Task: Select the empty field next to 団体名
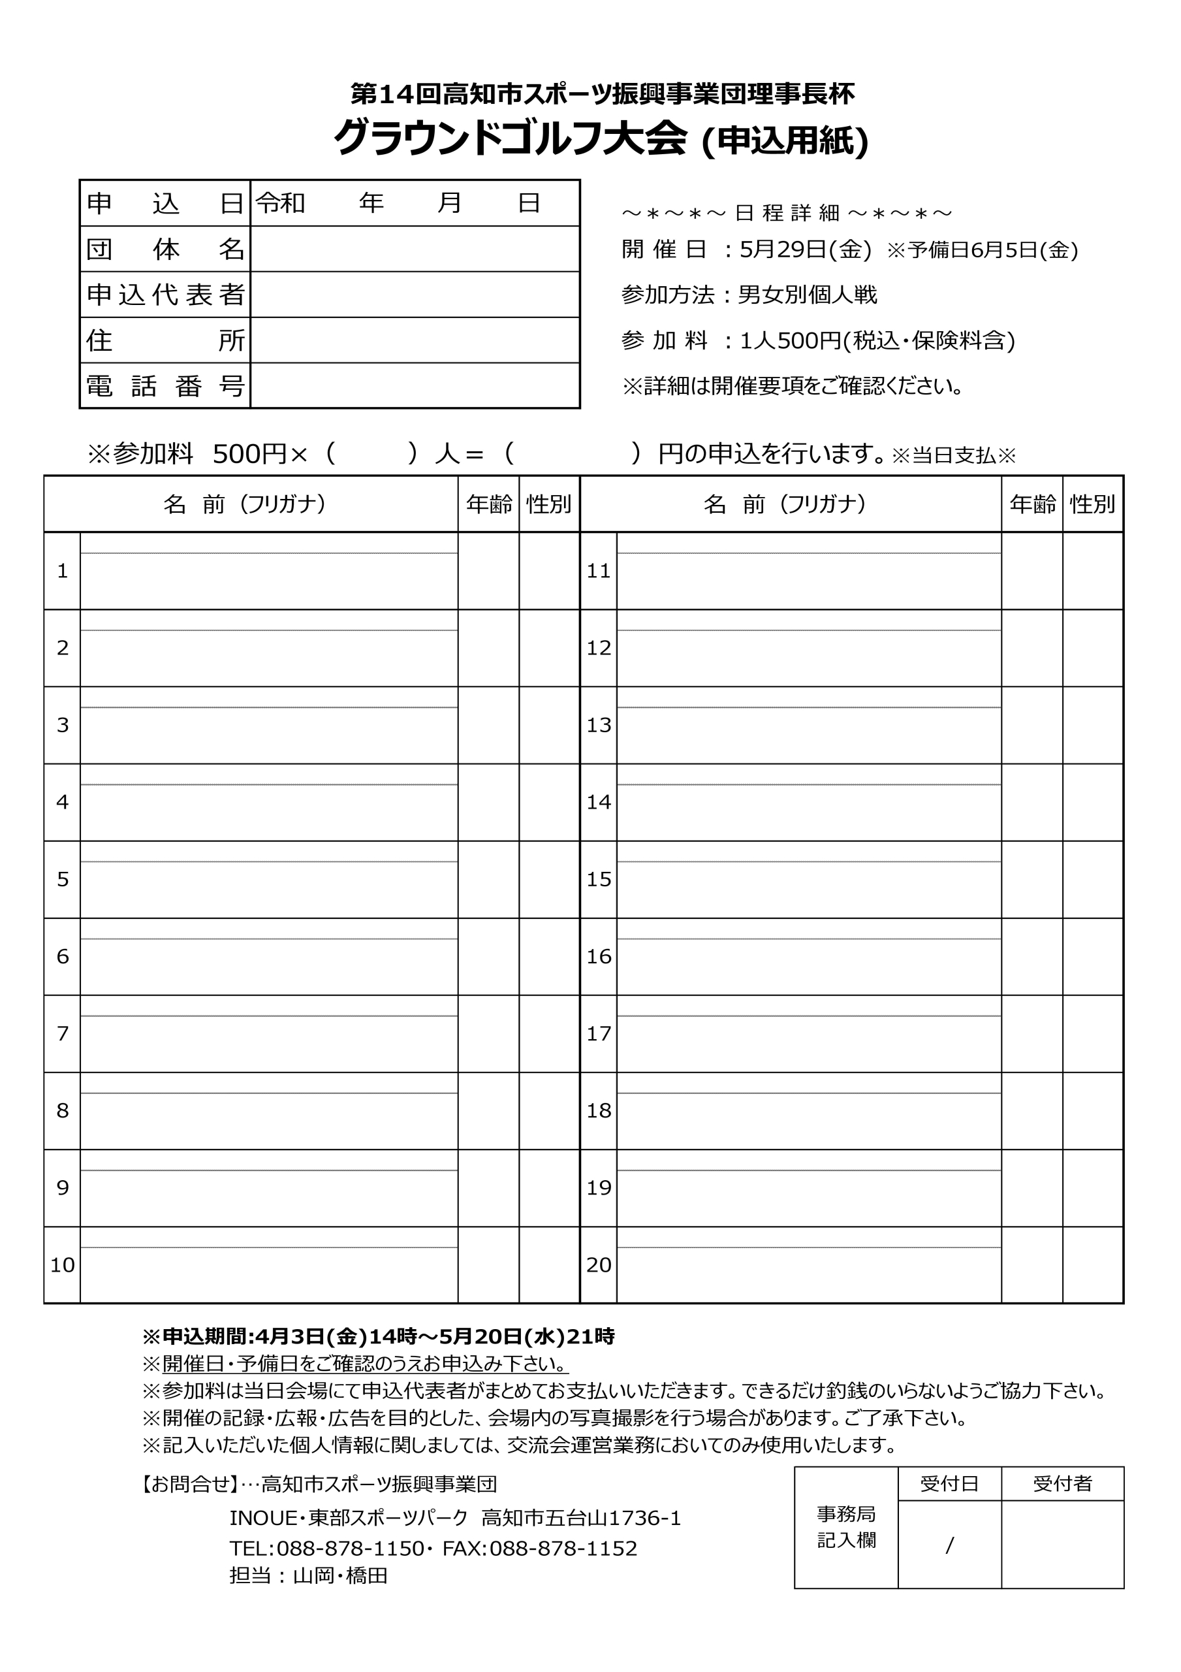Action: coord(415,249)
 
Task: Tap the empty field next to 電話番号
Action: coord(415,385)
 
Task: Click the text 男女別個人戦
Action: coord(808,295)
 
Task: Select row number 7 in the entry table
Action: coord(63,1033)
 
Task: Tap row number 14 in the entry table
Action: coord(599,802)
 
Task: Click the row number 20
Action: coord(599,1265)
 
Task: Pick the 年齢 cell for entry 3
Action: coord(488,726)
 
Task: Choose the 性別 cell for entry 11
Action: coord(1092,571)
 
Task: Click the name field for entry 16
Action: coord(808,965)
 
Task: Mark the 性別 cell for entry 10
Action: coord(549,1265)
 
